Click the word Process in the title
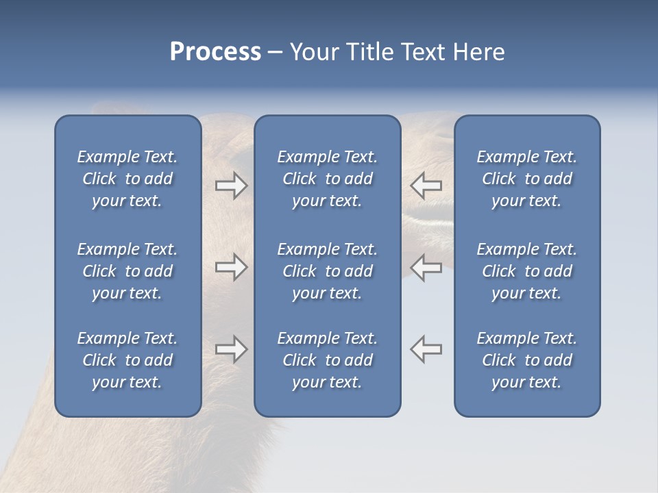(215, 52)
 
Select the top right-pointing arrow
(232, 186)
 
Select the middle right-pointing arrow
(232, 267)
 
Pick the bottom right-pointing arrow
(232, 349)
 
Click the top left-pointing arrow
(426, 186)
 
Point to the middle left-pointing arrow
(426, 267)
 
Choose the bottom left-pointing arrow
(426, 349)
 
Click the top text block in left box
(127, 179)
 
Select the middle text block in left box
(127, 271)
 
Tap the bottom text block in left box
(127, 360)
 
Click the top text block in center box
(327, 179)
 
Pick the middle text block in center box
(327, 271)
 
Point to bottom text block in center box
(327, 360)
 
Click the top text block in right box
(527, 179)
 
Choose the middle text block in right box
(527, 271)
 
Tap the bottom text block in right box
(527, 360)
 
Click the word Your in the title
(315, 52)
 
